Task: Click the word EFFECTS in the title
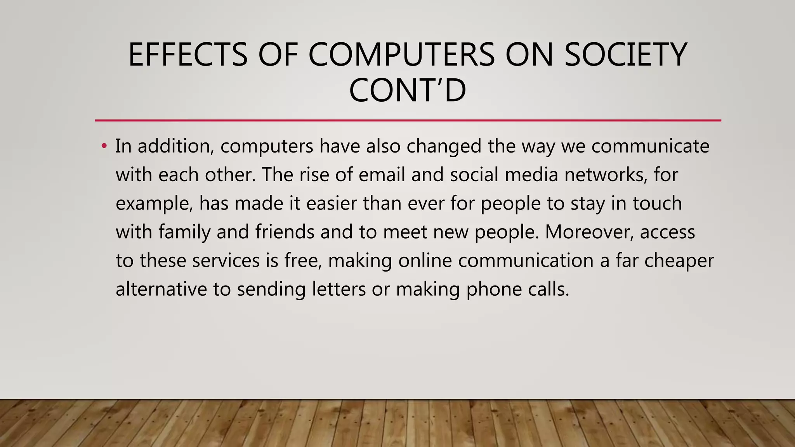pos(187,55)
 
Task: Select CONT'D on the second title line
pos(407,90)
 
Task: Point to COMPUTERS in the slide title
pos(401,55)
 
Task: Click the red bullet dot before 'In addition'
pos(104,146)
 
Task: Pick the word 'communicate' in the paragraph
pos(650,146)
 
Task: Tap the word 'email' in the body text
pos(382,175)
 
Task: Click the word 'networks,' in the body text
pos(606,175)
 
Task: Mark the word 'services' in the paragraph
pos(226,260)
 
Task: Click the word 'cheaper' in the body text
pos(679,261)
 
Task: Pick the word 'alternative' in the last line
pos(161,289)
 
